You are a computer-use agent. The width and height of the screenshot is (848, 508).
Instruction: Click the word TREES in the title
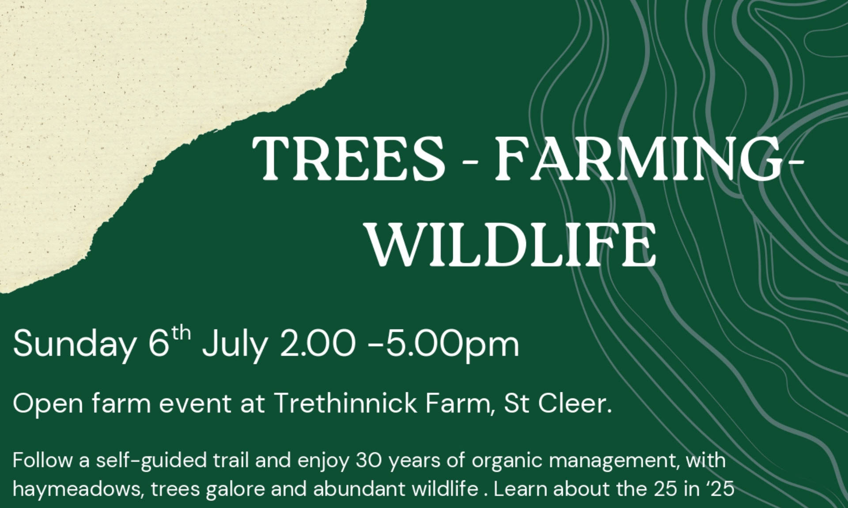[x=348, y=158]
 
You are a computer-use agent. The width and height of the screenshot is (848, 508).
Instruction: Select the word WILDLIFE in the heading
[x=512, y=244]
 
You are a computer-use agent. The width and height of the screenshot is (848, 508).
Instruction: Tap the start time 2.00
[x=318, y=345]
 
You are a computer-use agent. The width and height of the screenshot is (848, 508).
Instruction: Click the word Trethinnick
[x=345, y=403]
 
